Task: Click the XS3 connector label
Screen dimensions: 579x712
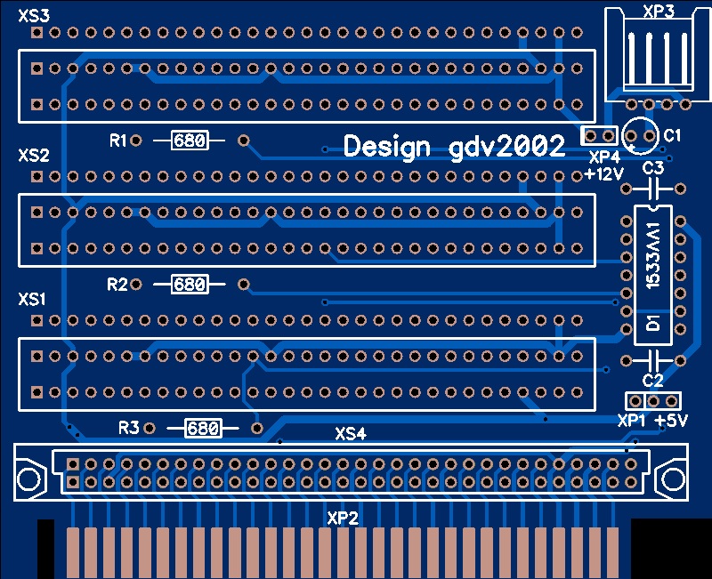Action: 34,14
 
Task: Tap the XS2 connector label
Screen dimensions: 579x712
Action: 34,156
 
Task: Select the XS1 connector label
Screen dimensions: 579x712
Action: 32,299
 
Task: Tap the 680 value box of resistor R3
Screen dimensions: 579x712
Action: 202,429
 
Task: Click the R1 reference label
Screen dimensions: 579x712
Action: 117,141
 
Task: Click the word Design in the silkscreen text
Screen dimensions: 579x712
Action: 387,147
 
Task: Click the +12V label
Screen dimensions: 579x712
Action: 604,174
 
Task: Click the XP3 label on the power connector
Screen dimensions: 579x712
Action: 658,12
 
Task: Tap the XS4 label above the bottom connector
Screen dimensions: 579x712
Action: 351,435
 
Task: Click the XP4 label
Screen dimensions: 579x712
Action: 604,157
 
